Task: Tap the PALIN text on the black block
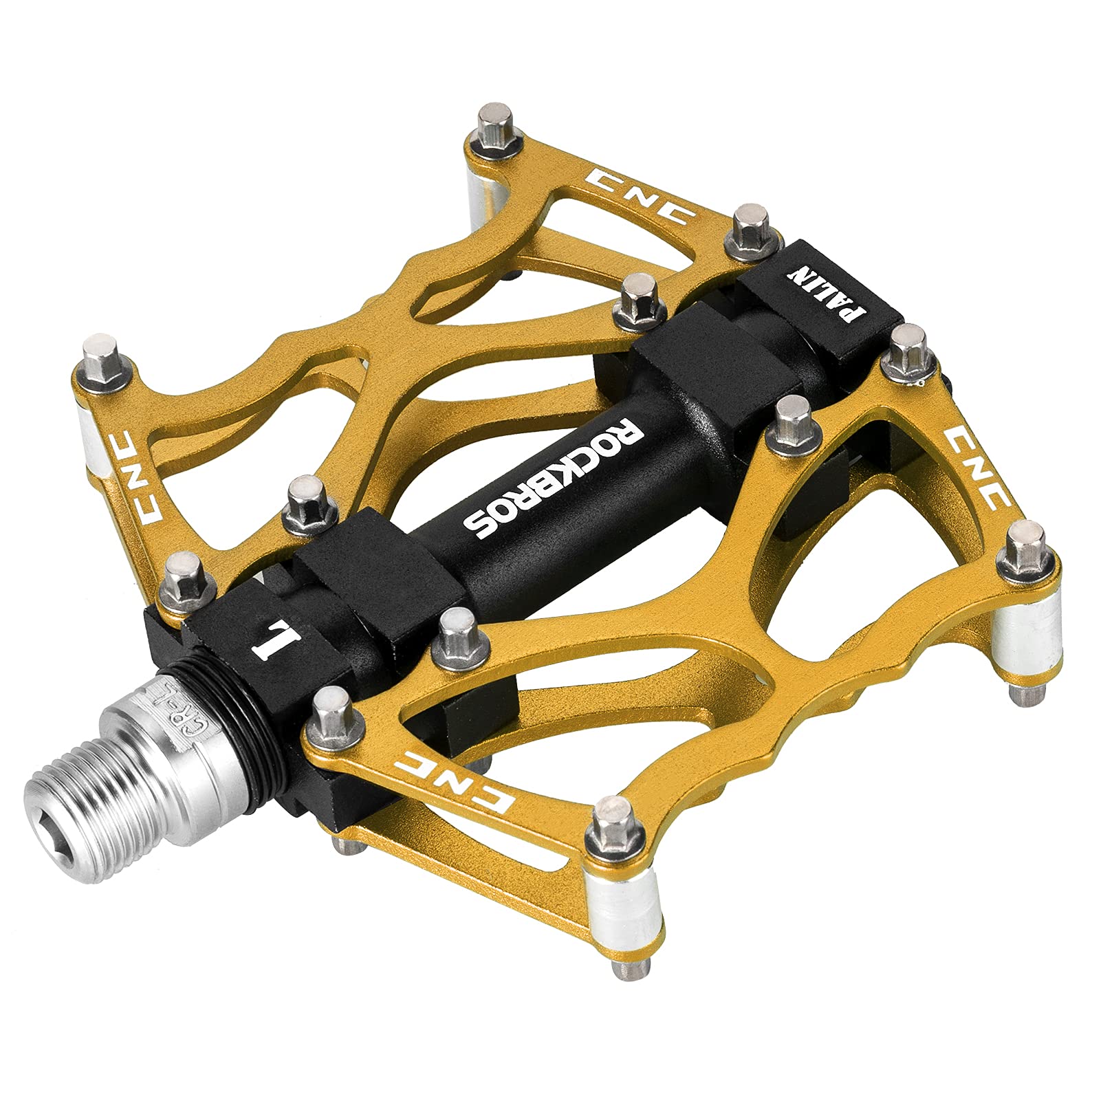(x=829, y=288)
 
